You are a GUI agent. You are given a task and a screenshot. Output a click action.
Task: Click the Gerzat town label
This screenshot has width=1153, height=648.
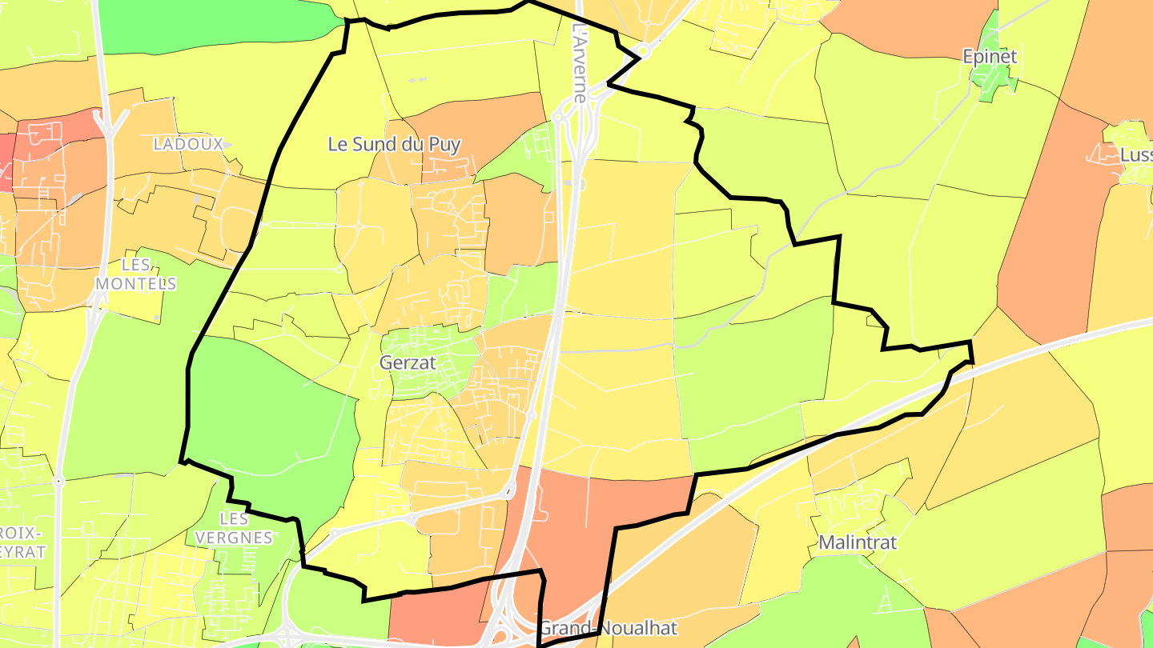408,362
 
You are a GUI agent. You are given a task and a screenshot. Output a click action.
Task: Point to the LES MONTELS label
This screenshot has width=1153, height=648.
136,274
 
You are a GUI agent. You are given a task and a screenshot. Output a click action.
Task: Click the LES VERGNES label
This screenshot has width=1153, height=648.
234,528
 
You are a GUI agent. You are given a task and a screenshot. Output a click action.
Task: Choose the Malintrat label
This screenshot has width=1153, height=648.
858,542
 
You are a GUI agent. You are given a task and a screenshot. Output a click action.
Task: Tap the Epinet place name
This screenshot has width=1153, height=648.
990,57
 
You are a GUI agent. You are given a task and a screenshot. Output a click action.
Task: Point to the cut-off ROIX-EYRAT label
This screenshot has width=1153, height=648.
22,542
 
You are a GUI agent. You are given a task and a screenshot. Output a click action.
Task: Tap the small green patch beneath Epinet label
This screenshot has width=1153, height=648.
993,80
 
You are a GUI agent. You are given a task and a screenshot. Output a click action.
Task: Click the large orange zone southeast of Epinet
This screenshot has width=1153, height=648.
1041,240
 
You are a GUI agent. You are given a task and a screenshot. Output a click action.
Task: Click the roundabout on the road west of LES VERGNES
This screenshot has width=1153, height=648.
58,482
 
